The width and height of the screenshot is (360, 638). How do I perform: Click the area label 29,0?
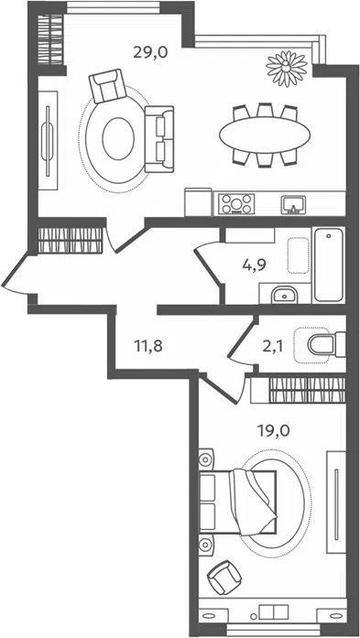click(150, 53)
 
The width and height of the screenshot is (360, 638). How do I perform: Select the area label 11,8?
click(148, 346)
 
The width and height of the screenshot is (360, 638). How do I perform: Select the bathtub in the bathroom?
click(329, 265)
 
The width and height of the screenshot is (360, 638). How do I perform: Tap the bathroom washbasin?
click(284, 294)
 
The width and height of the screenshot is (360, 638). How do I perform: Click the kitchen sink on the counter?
click(293, 204)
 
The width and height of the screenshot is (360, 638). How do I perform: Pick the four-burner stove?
click(236, 203)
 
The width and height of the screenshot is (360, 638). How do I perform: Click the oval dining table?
click(265, 135)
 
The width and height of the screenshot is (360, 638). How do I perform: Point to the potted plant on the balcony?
click(287, 68)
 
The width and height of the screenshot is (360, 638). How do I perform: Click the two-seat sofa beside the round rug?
click(159, 139)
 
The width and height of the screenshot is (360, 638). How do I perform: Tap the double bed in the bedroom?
click(238, 502)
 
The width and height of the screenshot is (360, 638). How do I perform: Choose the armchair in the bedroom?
click(224, 578)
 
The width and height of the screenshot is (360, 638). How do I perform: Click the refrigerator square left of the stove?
click(199, 202)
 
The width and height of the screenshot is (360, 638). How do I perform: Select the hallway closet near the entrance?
click(70, 241)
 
